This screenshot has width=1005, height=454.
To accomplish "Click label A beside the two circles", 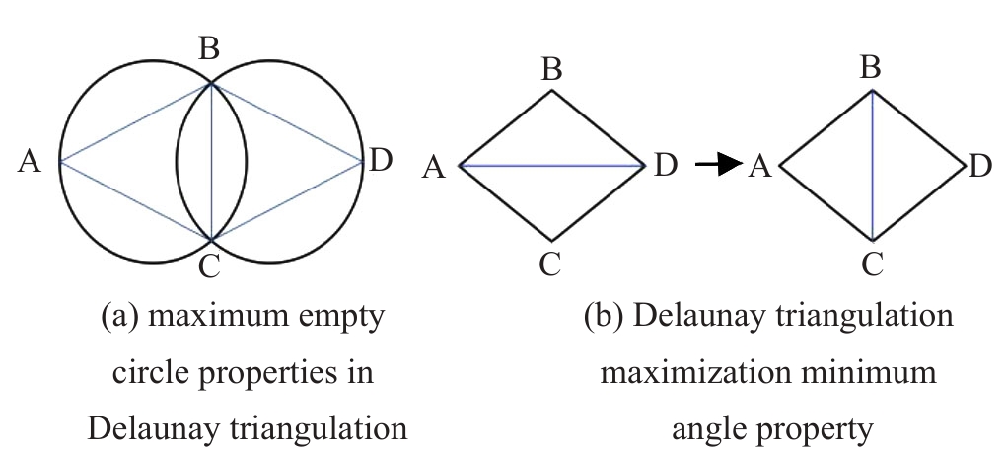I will coord(30,162).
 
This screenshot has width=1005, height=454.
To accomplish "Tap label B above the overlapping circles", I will coord(208,50).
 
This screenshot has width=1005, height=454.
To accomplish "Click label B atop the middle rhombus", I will coord(551,70).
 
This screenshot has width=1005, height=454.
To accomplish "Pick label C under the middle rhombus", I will coord(551,263).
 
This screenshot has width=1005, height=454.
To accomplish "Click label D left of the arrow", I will coord(666,165).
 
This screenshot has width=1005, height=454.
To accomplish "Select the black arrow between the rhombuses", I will coord(717,165).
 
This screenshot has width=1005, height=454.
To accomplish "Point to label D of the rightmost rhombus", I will coord(978,166).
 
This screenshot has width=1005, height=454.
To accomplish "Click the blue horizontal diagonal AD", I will coord(551,166).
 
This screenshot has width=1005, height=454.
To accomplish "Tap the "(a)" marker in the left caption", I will coord(119,318).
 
